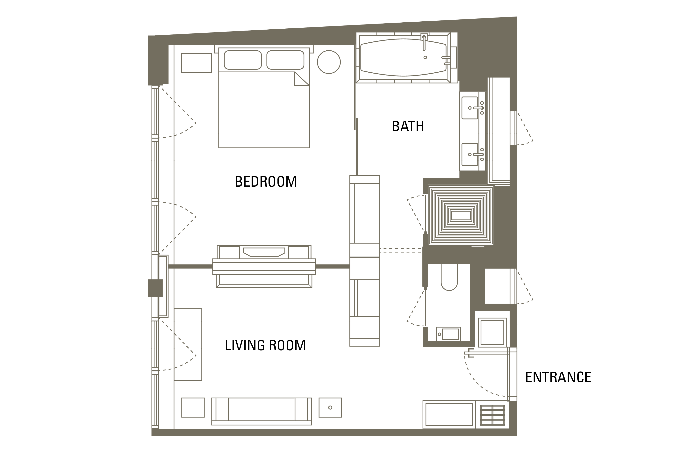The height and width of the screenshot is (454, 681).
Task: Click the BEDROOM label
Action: coord(266,182)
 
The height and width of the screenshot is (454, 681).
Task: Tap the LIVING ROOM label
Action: coord(265,345)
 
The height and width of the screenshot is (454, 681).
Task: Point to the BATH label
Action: coord(408,126)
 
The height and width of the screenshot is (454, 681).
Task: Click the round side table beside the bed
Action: coord(329,62)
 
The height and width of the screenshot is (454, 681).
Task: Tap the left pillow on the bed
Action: coord(243,60)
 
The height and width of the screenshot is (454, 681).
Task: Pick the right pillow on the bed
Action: coord(285,60)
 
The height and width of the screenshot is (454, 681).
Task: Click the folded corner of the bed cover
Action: coord(301,79)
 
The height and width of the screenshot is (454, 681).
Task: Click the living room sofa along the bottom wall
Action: coord(262,411)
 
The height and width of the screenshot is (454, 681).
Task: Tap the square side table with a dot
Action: coord(330,407)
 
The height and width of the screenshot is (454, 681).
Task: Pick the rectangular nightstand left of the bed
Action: coord(197,63)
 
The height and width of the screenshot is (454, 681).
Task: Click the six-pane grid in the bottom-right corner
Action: coord(492,415)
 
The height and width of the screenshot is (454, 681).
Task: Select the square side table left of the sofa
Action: coord(193,407)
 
